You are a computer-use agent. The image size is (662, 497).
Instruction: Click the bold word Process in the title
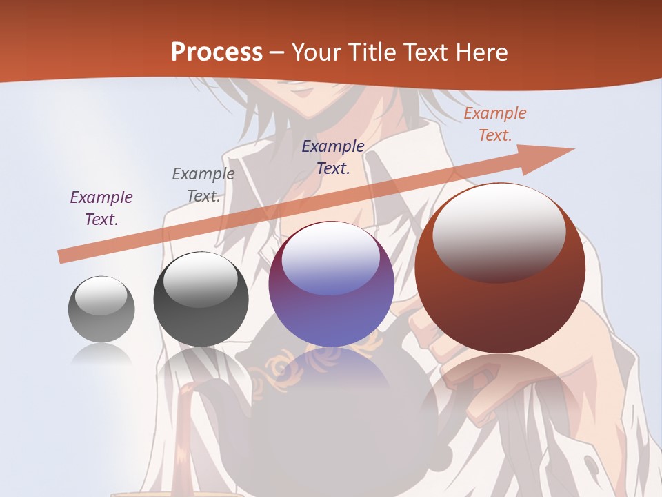pyautogui.click(x=217, y=52)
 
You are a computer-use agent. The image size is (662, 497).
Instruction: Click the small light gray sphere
pyautogui.click(x=101, y=309)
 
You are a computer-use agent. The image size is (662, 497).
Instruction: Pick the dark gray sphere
pyautogui.click(x=201, y=300)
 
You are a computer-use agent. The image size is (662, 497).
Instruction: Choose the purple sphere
pyautogui.click(x=331, y=284)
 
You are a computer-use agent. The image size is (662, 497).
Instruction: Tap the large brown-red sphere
pyautogui.click(x=500, y=269)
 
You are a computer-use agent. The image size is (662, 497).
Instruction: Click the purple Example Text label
pyautogui.click(x=101, y=208)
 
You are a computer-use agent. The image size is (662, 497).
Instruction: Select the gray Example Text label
pyautogui.click(x=203, y=185)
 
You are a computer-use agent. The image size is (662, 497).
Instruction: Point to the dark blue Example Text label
pyautogui.click(x=333, y=157)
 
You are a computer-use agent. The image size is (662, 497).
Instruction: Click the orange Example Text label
pyautogui.click(x=494, y=124)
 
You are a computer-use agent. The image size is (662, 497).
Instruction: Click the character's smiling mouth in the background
pyautogui.click(x=301, y=88)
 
